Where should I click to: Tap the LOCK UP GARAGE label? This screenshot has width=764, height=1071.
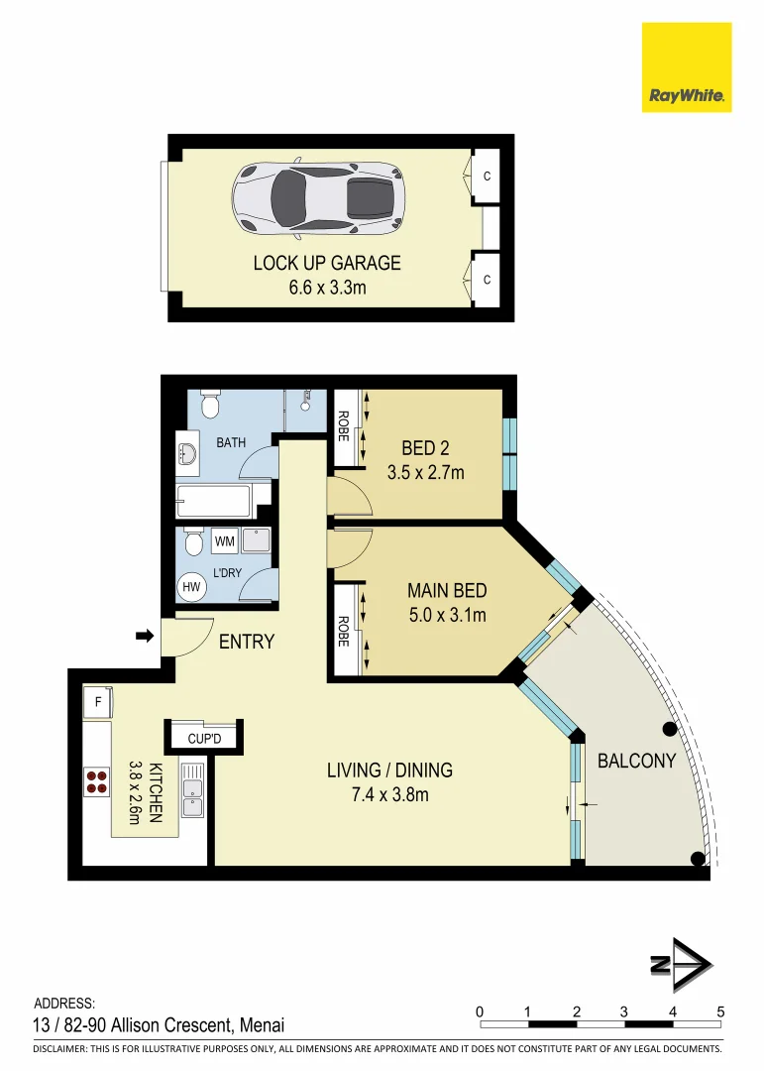(x=327, y=263)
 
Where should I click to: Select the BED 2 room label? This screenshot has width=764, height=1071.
(x=425, y=449)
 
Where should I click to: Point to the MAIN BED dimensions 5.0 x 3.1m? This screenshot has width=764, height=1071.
(x=447, y=615)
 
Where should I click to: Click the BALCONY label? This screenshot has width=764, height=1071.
(x=636, y=761)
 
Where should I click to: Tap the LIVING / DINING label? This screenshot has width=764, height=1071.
(x=389, y=770)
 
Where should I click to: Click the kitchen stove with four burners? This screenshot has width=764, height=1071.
(x=97, y=781)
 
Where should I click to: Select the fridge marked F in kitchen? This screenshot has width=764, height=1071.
(x=97, y=701)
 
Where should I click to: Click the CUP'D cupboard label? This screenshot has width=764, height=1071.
(x=205, y=738)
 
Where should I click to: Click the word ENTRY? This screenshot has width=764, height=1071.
(x=246, y=642)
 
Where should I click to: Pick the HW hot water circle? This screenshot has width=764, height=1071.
(x=189, y=587)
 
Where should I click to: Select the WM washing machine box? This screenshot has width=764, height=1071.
(x=224, y=542)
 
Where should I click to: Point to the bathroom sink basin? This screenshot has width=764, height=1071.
(x=188, y=454)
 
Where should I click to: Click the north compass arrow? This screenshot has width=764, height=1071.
(x=681, y=964)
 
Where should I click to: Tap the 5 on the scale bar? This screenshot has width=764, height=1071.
(x=720, y=1011)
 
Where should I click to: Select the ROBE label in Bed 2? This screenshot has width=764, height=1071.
(x=343, y=428)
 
